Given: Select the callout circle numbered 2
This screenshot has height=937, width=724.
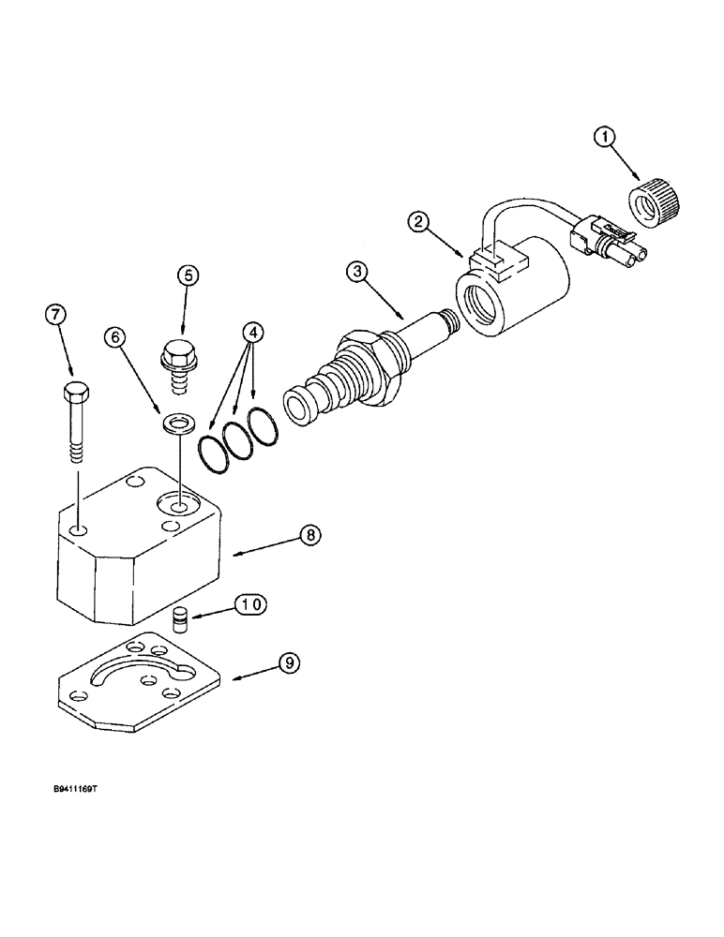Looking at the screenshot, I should pyautogui.click(x=420, y=222).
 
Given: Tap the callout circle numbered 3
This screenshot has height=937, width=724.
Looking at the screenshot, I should pyautogui.click(x=355, y=274).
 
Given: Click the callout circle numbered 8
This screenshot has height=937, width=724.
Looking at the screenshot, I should pyautogui.click(x=310, y=535).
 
